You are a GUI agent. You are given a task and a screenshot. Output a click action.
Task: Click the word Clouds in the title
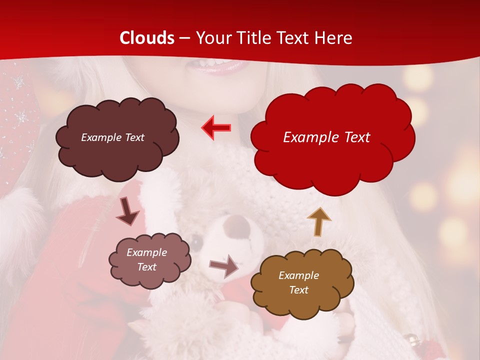click(147, 38)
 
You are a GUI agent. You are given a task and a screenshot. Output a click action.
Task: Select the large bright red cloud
click(332, 137)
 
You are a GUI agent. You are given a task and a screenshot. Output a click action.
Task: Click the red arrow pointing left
click(216, 128)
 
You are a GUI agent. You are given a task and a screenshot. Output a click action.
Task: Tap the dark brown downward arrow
click(127, 211)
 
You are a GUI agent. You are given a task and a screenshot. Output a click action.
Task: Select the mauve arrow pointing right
click(223, 265)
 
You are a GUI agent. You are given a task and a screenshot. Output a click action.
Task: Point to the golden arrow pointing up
click(318, 221)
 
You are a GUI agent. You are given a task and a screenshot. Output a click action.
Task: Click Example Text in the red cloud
click(326, 137)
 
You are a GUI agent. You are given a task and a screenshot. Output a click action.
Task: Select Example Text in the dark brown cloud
click(112, 137)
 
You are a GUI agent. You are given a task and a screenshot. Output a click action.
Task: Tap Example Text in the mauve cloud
click(147, 260)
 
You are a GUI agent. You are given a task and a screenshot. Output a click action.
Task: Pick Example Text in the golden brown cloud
click(298, 282)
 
